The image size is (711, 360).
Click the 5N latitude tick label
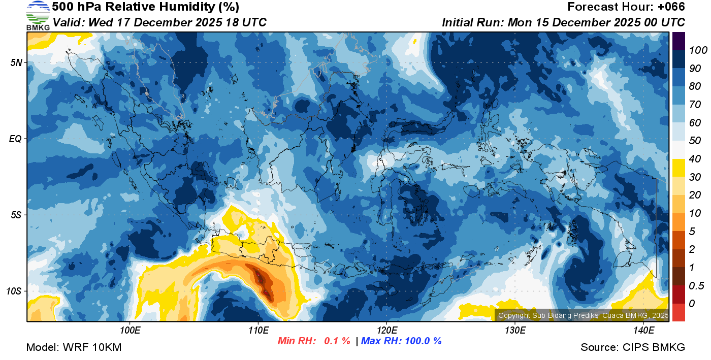click(16, 62)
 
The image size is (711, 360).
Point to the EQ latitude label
click(15, 139)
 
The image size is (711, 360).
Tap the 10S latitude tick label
click(14, 291)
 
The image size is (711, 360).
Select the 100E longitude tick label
click(130, 331)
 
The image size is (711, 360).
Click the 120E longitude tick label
click(386, 331)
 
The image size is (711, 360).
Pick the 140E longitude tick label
click(643, 331)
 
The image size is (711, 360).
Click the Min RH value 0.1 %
click(337, 341)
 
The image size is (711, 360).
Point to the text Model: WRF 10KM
click(74, 347)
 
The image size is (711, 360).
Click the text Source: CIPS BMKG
click(633, 347)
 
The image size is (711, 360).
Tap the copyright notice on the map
click(583, 315)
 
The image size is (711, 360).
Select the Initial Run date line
click(563, 22)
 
